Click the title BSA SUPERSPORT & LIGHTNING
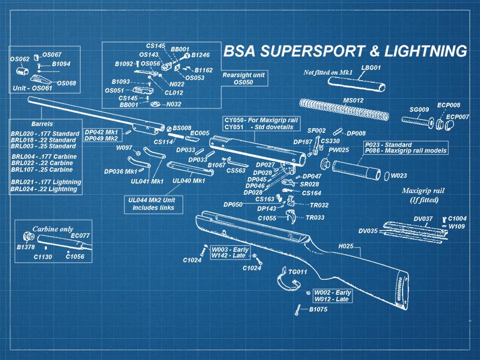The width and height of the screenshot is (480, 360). pyautogui.click(x=344, y=52)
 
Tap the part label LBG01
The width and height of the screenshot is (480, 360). pyautogui.click(x=371, y=68)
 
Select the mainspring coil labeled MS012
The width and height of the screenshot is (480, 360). pyautogui.click(x=350, y=111)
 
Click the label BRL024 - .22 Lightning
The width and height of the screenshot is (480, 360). pyautogui.click(x=44, y=189)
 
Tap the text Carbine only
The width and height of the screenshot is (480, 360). pyautogui.click(x=53, y=228)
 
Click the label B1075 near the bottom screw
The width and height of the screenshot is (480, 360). pyautogui.click(x=318, y=309)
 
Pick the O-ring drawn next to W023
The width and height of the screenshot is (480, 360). pyautogui.click(x=386, y=175)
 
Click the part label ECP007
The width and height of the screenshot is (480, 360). pyautogui.click(x=457, y=117)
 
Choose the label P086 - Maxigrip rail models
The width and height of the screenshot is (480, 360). pyautogui.click(x=406, y=151)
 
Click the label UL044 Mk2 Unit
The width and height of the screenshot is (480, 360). pyautogui.click(x=152, y=200)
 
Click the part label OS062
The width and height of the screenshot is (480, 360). pyautogui.click(x=20, y=59)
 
